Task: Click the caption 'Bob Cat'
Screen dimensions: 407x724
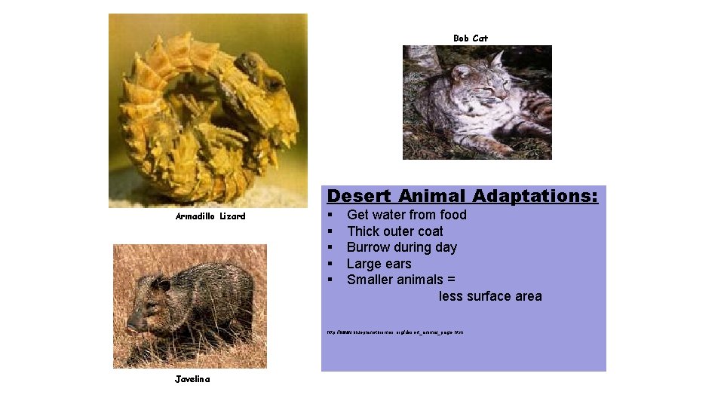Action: (471, 38)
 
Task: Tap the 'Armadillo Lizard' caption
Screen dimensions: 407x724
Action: (210, 216)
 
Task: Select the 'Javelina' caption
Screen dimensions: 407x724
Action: (192, 379)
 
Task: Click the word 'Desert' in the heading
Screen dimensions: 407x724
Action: (359, 196)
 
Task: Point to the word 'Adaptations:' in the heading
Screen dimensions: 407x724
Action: (535, 196)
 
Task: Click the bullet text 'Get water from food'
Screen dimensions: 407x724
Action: (406, 215)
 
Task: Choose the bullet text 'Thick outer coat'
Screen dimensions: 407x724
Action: (394, 231)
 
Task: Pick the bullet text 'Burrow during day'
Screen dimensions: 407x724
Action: (401, 247)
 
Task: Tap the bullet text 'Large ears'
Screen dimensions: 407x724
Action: (379, 264)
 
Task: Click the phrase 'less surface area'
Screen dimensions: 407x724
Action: (490, 296)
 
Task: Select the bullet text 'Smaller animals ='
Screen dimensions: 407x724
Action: (400, 280)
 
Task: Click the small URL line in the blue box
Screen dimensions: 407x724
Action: (394, 332)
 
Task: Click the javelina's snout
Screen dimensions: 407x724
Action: (137, 323)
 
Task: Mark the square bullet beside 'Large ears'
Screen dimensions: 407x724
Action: (330, 264)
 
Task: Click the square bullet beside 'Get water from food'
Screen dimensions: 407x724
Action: (330, 215)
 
